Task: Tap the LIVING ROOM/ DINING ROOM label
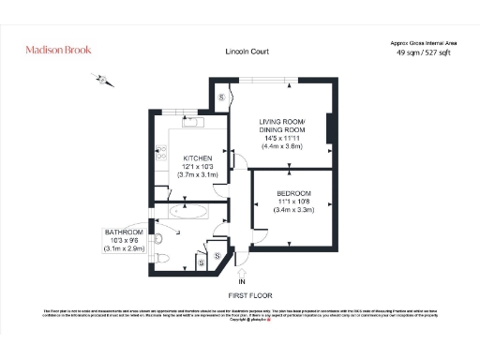click(x=294, y=127)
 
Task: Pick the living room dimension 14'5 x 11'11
click(x=294, y=138)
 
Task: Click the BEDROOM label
click(x=293, y=193)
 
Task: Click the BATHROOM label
click(x=124, y=232)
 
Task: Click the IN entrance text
click(x=241, y=281)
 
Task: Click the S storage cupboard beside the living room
click(x=222, y=97)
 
